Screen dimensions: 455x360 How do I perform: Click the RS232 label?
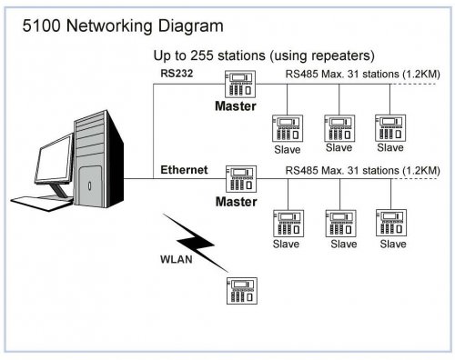177,74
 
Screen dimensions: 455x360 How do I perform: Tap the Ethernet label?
184,170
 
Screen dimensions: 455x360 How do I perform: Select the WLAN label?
177,259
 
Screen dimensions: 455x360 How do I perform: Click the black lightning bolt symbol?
194,241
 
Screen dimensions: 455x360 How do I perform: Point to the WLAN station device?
242,291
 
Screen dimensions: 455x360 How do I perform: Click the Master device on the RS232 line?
240,84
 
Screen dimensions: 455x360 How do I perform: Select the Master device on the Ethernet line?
241,179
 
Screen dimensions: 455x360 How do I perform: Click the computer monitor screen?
54,159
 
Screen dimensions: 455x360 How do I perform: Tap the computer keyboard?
43,203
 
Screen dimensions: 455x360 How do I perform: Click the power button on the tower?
89,185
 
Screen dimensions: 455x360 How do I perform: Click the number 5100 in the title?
42,25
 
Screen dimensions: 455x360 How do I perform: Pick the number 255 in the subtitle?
201,55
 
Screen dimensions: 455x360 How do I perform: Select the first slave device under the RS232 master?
288,128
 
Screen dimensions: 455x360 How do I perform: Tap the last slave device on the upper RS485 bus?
390,128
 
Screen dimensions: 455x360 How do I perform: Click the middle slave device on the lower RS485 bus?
340,224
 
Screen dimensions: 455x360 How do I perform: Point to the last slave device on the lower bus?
391,223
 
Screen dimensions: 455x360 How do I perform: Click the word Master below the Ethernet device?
236,202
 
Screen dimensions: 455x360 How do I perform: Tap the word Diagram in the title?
191,26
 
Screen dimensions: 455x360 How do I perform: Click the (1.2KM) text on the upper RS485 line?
421,74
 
